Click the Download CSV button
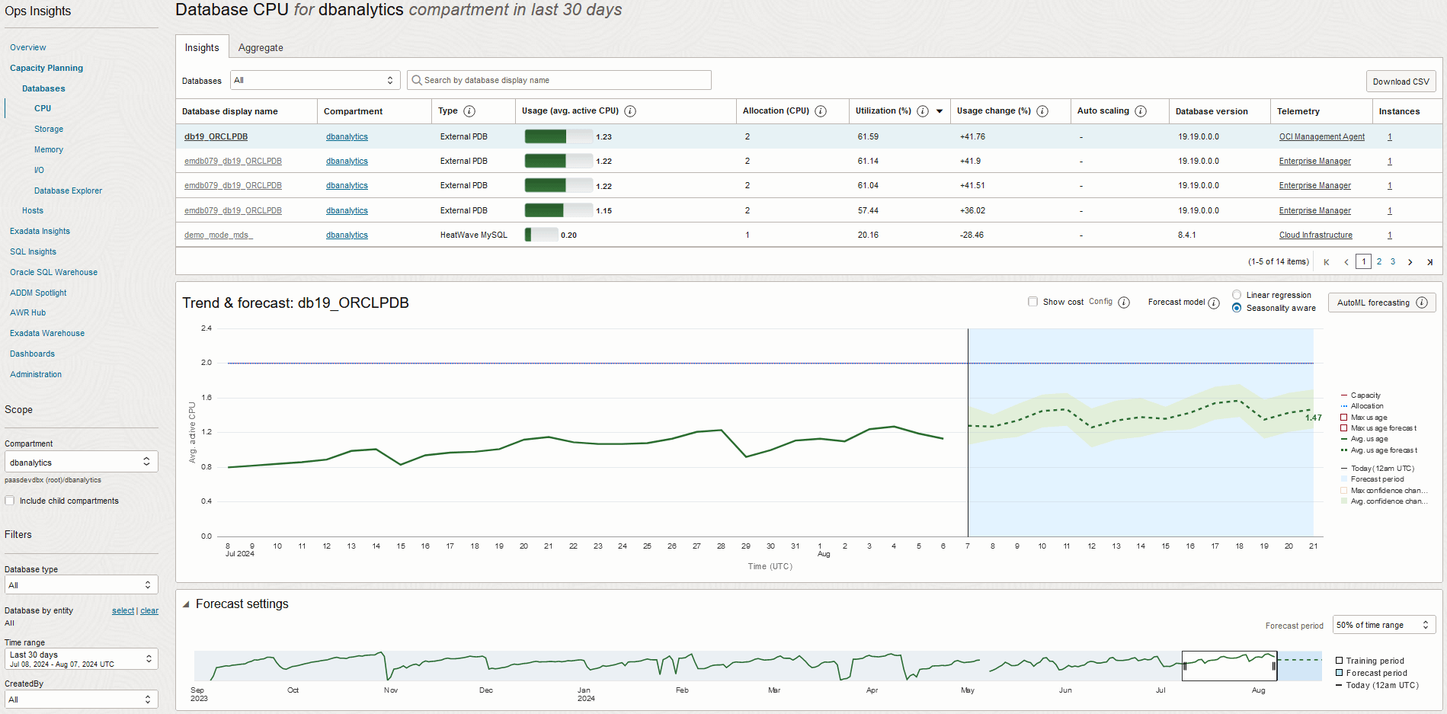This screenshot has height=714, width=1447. (x=1401, y=82)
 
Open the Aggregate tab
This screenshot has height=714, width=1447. (x=261, y=47)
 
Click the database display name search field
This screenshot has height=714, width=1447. (x=559, y=80)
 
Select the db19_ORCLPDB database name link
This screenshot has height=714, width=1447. (x=216, y=136)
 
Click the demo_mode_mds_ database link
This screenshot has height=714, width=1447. (x=218, y=235)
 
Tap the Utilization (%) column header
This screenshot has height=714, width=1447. (x=883, y=111)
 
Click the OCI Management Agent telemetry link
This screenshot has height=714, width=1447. (x=1321, y=136)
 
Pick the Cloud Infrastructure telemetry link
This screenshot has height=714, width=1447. (x=1315, y=235)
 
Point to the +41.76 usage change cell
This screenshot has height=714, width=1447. (x=972, y=136)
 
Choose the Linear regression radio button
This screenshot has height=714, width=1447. (x=1237, y=295)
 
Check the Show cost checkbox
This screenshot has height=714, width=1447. (x=1032, y=302)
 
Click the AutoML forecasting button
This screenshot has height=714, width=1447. (x=1373, y=303)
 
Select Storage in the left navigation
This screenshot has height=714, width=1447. (x=49, y=129)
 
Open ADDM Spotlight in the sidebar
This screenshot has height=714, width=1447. (x=38, y=293)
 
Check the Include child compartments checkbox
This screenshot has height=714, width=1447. (x=10, y=501)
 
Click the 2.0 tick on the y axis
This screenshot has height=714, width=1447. (x=206, y=363)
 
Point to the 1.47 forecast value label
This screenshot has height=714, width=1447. (x=1313, y=418)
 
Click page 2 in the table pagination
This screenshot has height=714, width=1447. (x=1378, y=261)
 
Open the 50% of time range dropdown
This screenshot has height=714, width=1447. (x=1383, y=625)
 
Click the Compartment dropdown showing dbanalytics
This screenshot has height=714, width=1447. (x=81, y=462)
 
